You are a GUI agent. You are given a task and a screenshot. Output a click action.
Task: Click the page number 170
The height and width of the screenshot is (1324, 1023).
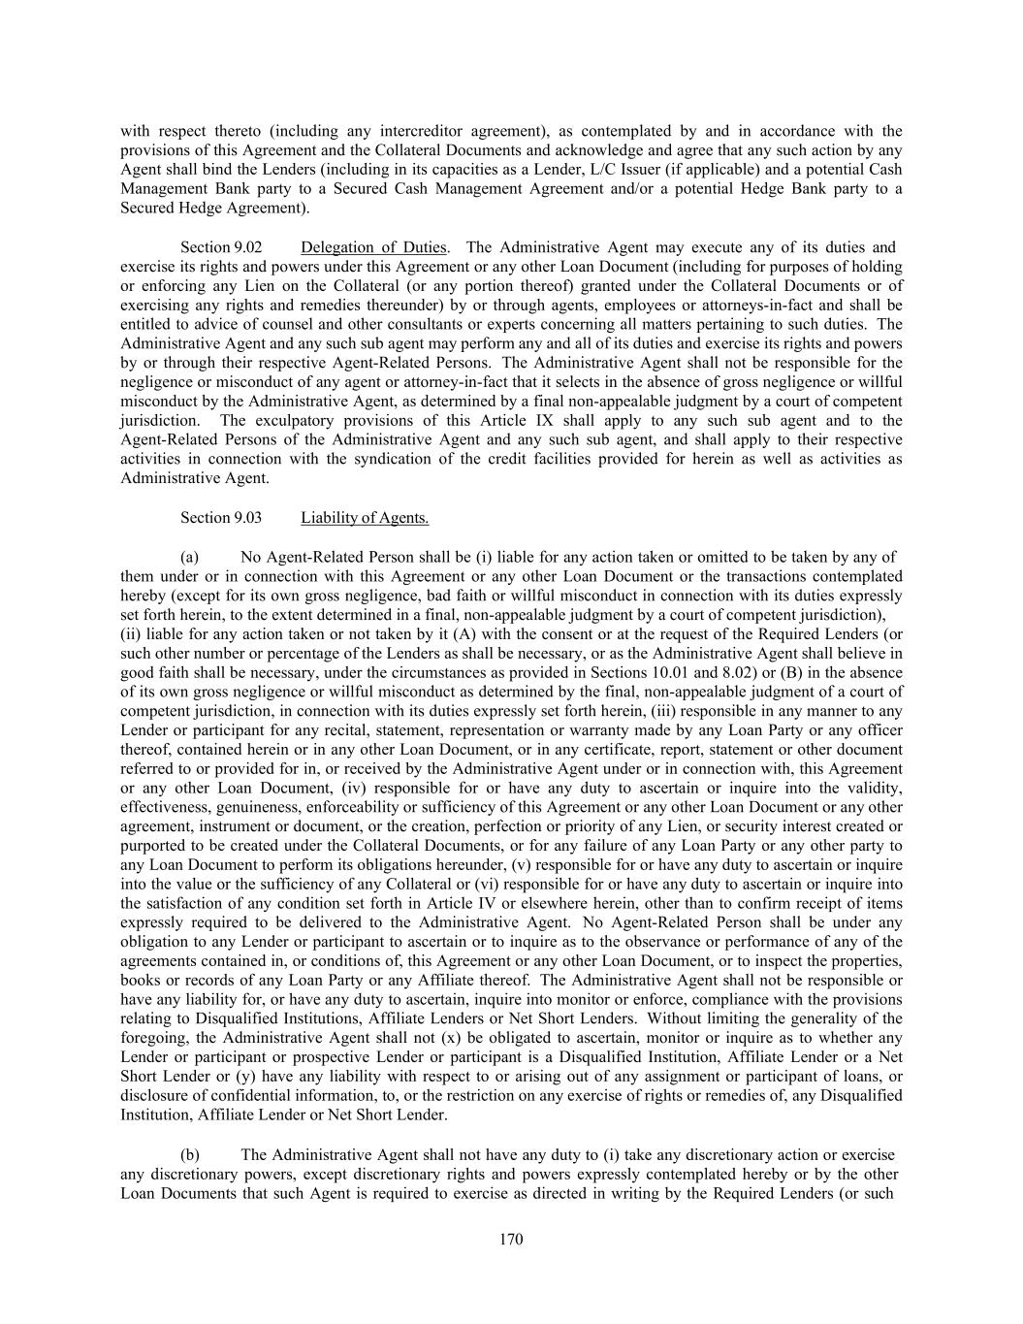click(x=511, y=1240)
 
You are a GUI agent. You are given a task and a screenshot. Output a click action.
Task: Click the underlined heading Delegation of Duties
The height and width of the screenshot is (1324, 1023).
click(x=374, y=247)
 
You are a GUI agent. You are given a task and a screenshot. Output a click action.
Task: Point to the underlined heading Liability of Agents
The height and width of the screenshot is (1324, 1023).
click(x=365, y=518)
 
